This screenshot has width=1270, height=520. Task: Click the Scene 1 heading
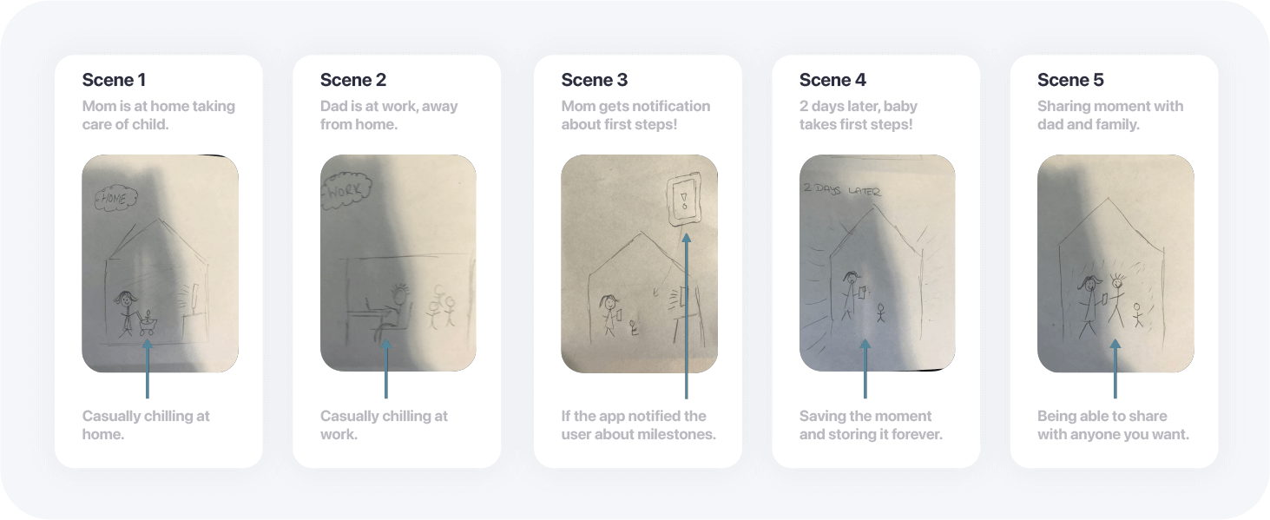(x=114, y=80)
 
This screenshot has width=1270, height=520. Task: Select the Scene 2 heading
(x=353, y=80)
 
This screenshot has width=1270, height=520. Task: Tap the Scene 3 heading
(x=594, y=80)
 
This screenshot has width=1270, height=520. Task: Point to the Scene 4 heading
(x=832, y=80)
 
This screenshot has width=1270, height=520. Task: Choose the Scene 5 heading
(x=1070, y=80)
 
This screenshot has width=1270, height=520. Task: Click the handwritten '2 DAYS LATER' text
(x=842, y=189)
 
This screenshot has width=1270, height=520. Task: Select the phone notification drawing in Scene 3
(x=684, y=201)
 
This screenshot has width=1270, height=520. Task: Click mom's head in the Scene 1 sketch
(x=125, y=299)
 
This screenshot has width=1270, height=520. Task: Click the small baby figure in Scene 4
(x=880, y=313)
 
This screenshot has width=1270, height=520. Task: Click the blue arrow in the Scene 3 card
(x=686, y=316)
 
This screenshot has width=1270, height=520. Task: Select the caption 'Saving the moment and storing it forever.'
(x=871, y=425)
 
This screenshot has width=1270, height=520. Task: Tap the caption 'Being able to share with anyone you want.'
(x=1113, y=425)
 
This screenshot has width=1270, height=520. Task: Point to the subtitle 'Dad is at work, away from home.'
(x=389, y=115)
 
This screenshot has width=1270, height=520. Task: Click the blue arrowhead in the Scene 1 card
(x=148, y=344)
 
